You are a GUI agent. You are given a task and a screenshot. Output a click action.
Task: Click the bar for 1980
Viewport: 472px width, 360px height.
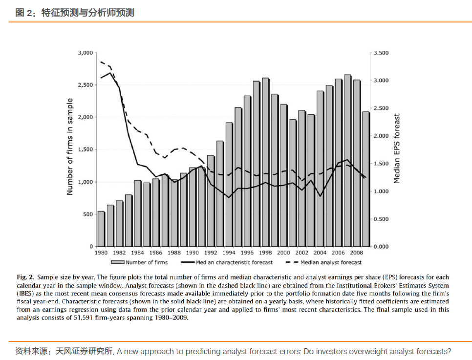[x=101, y=229]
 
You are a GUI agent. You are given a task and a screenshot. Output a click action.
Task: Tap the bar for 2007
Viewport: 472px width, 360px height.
[x=347, y=161]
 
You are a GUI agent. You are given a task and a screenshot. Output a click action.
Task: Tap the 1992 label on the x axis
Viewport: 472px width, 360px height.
[x=211, y=253]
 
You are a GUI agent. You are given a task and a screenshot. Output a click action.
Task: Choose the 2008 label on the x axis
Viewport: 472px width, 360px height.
[x=356, y=253]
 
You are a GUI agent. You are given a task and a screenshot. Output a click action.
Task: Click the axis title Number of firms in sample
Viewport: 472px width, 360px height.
[x=70, y=147]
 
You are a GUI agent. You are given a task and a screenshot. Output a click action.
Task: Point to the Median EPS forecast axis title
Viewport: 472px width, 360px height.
[x=397, y=149]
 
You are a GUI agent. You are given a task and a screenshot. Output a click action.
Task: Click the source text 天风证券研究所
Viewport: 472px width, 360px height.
[x=84, y=351]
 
